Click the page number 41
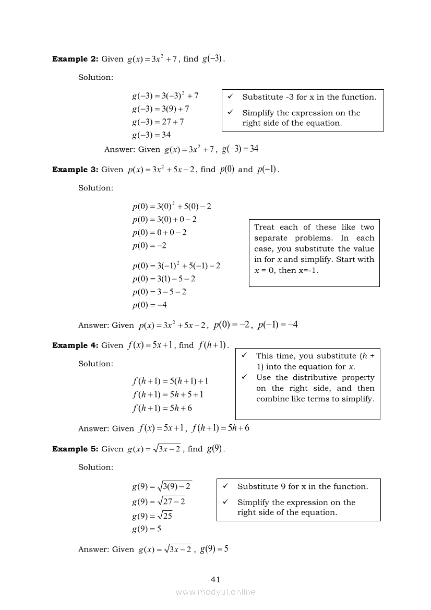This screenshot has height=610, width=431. pyautogui.click(x=215, y=579)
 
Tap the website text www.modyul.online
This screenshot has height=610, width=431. pyautogui.click(x=215, y=592)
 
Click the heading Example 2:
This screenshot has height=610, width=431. pyautogui.click(x=75, y=59)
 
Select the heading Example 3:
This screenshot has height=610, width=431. pyautogui.click(x=75, y=170)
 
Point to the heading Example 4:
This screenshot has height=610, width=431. pyautogui.click(x=75, y=345)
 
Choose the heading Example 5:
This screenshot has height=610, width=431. pyautogui.click(x=75, y=449)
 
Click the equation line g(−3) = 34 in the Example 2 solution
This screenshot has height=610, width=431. pyautogui.click(x=151, y=135)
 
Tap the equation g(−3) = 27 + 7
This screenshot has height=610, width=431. pyautogui.click(x=158, y=122)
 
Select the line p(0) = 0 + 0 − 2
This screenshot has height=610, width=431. pyautogui.click(x=159, y=233)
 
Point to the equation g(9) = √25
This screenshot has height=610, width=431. pyautogui.click(x=152, y=516)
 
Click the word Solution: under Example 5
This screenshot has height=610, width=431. pyautogui.click(x=95, y=468)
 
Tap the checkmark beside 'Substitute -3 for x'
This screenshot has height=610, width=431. pyautogui.click(x=231, y=97)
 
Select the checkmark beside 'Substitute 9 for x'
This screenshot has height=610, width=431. pyautogui.click(x=225, y=486)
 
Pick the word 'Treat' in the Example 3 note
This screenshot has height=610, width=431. pyautogui.click(x=265, y=228)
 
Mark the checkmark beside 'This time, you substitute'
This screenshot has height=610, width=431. pyautogui.click(x=244, y=356)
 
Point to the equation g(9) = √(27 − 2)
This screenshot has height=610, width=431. pyautogui.click(x=159, y=501)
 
